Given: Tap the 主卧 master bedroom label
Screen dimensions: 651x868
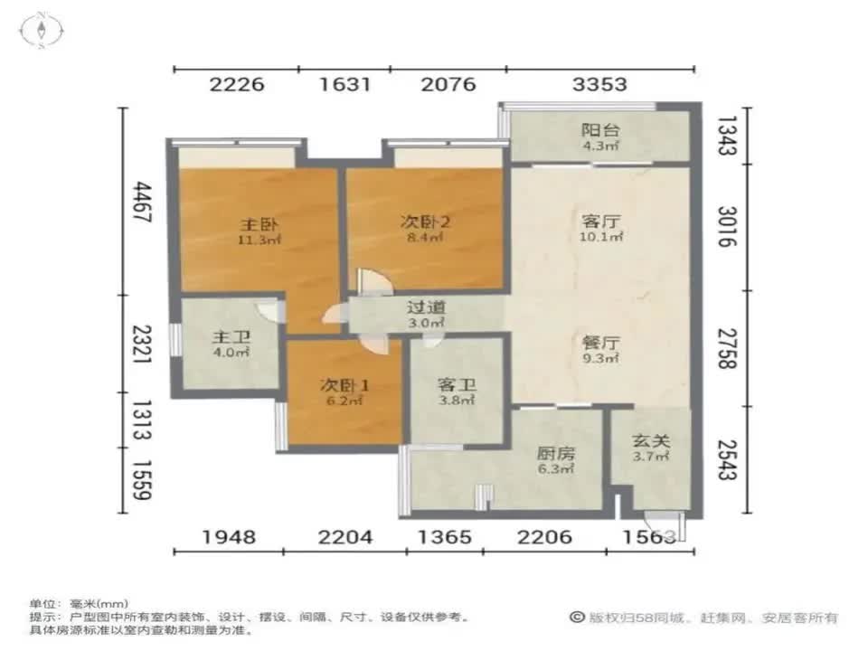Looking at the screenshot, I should click(x=250, y=223).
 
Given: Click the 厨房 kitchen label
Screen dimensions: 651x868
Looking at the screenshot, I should click(x=554, y=452).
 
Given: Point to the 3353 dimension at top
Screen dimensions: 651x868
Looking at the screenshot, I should click(x=600, y=85).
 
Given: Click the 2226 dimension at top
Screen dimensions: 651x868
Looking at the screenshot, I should click(x=237, y=85).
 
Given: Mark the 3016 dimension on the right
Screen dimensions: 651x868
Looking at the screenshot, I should click(x=731, y=227).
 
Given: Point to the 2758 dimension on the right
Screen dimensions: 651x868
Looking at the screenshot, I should click(x=731, y=346).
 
